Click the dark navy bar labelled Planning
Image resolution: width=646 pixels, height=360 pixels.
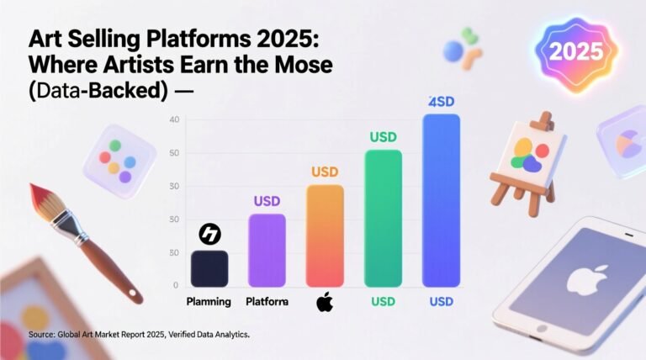coord(209,267)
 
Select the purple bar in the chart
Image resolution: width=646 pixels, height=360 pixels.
coord(267,250)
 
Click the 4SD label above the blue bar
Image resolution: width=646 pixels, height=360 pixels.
coord(441,102)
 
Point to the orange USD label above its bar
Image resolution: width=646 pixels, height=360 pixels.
coord(325,172)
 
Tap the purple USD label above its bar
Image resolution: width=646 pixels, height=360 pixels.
coord(267,202)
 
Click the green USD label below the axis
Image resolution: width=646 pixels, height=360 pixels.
coord(383,301)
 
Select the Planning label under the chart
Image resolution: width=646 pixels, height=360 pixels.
coord(209,301)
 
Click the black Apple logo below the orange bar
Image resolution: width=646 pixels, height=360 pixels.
coord(325,302)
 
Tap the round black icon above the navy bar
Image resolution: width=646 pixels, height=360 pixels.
coord(209,235)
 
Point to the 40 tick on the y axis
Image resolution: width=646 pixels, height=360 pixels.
coord(175,120)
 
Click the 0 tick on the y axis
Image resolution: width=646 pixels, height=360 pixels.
coord(175,286)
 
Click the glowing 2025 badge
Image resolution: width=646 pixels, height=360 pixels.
coord(575,51)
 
